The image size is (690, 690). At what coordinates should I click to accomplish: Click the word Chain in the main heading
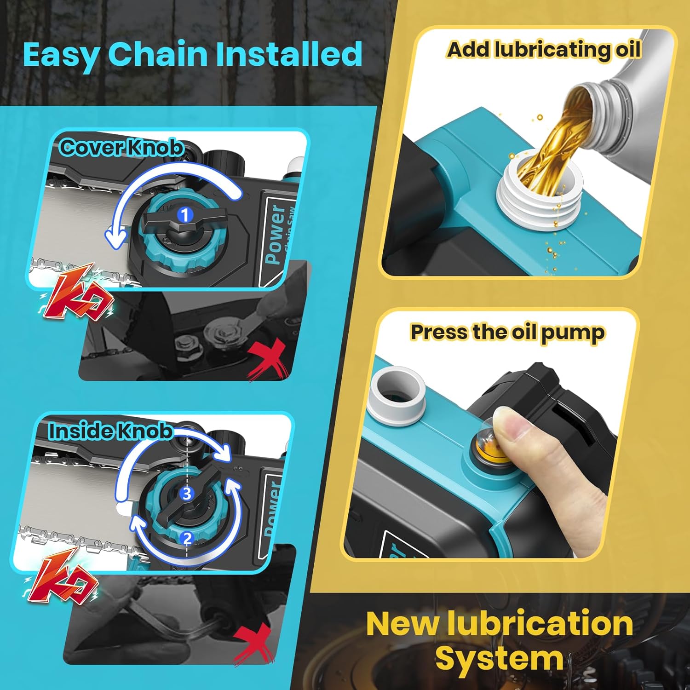[158, 54]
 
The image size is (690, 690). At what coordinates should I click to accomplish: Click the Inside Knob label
[111, 431]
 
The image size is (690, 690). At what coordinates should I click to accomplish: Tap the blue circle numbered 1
[185, 215]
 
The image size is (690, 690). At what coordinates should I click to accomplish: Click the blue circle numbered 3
[186, 494]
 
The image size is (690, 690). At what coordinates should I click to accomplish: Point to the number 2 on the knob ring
[187, 538]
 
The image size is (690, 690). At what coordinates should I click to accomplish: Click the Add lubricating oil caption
[544, 50]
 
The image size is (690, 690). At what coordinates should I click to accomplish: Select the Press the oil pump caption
[507, 332]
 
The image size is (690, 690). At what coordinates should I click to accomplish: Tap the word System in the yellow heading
[499, 659]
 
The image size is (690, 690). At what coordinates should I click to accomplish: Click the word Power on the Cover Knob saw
[275, 234]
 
